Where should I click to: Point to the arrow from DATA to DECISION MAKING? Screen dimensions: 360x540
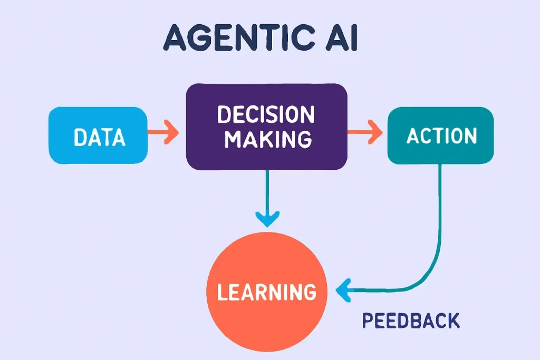point(163,132)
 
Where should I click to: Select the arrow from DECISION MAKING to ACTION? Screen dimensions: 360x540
point(364,131)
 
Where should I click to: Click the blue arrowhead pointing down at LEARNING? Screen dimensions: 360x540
point(267,217)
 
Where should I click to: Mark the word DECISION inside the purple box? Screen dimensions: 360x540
point(266,114)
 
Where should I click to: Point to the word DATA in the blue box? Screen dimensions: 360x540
point(100,138)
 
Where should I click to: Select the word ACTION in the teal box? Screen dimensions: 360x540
point(441,136)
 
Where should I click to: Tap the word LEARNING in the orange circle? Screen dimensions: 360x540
point(267,291)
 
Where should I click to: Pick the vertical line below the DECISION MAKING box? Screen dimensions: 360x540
point(267,190)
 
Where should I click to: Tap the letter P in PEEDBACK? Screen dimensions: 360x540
point(367,320)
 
